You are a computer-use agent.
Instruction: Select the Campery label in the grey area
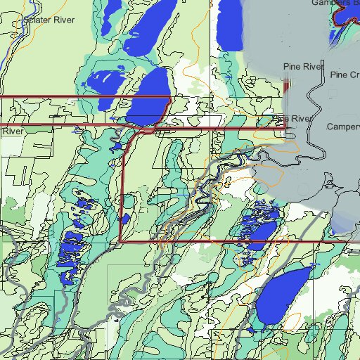343,127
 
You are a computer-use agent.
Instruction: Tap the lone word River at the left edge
12,131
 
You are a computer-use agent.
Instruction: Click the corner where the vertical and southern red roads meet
121,241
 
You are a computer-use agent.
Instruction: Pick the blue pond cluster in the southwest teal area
72,246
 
